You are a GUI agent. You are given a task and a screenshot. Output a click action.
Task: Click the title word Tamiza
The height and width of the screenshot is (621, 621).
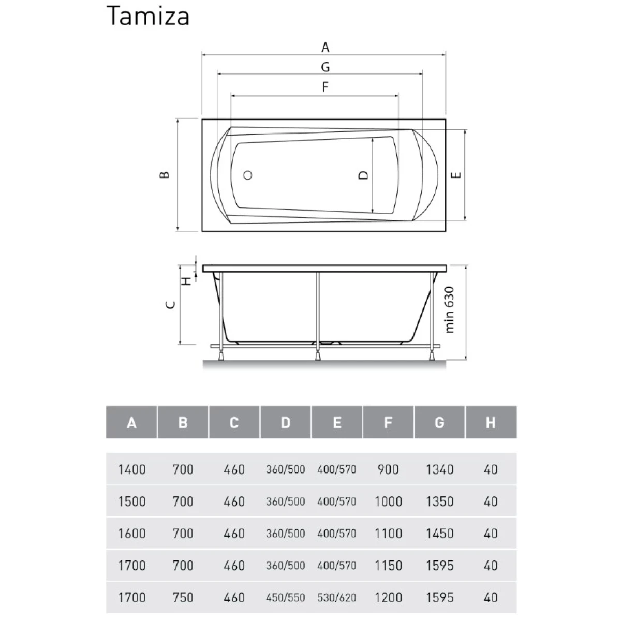[x=148, y=16]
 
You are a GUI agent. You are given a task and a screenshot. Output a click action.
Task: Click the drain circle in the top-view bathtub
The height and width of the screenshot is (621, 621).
[x=248, y=175]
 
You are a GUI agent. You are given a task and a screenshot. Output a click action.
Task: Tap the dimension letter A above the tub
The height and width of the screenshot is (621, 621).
[x=326, y=48]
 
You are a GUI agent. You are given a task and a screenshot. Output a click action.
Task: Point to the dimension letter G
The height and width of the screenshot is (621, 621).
[x=326, y=67]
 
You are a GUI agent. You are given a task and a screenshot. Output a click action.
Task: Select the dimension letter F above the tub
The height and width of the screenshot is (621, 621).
[x=326, y=87]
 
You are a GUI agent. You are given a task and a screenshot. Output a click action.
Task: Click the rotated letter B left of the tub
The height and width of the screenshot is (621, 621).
[x=165, y=175]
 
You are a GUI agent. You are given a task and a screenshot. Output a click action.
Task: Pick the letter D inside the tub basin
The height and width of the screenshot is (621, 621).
[x=363, y=175]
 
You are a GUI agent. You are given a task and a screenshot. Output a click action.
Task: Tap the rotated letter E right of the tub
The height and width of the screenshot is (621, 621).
[x=456, y=175]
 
